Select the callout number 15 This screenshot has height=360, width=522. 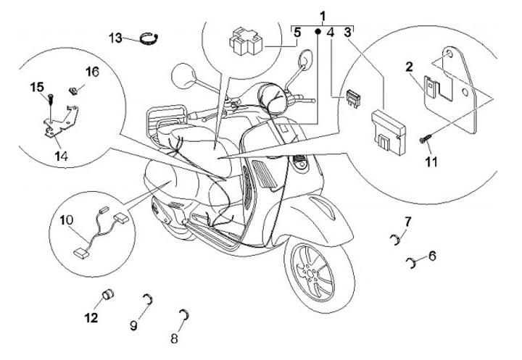[x=37, y=88]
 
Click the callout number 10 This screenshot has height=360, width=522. [x=66, y=218]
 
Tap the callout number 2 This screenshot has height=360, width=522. [x=409, y=67]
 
